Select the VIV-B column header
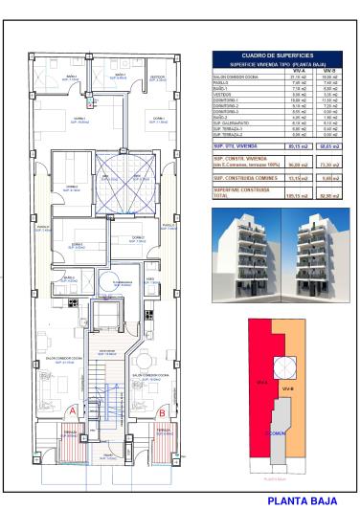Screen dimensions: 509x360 (328, 70)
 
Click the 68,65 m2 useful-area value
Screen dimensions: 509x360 (328, 146)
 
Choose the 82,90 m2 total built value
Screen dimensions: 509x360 (328, 196)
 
